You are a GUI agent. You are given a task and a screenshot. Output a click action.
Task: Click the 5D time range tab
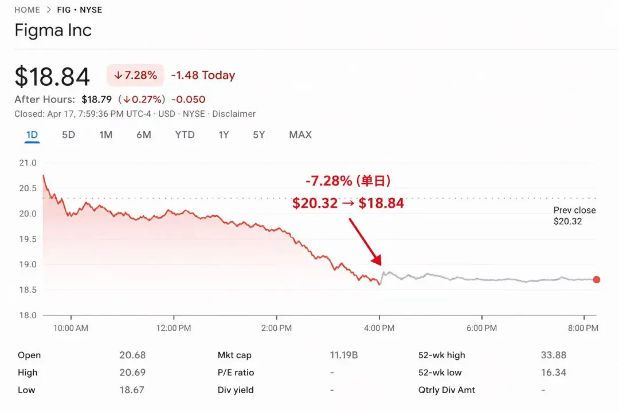68,135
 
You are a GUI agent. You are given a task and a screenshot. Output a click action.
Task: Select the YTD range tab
185,135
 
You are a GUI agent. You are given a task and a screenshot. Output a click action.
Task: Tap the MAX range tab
300,135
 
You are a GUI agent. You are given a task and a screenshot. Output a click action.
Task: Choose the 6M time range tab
143,135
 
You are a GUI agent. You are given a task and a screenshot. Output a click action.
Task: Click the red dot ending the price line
597,280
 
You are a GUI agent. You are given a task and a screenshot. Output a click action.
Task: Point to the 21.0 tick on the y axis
28,163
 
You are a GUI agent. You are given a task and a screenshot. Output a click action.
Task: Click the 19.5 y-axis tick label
28,239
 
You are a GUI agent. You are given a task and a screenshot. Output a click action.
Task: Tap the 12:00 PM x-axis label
174,328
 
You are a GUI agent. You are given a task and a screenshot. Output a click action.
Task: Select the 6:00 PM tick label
481,328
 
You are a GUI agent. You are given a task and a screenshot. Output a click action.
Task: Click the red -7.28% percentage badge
135,76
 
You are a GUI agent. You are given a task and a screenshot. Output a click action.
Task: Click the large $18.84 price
52,77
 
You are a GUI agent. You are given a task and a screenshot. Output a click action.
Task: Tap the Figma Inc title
53,30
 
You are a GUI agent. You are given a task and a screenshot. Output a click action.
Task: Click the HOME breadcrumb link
27,10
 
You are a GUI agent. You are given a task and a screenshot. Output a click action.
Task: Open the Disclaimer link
234,114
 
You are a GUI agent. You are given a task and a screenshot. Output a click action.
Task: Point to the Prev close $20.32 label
574,216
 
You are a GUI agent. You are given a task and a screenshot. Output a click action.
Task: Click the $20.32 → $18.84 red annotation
348,203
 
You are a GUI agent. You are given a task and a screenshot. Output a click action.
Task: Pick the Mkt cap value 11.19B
344,355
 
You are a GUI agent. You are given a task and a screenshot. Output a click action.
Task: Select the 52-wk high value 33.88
554,355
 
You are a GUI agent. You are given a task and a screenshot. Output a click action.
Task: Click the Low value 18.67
132,390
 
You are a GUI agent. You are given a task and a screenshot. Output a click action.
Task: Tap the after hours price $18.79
97,100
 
